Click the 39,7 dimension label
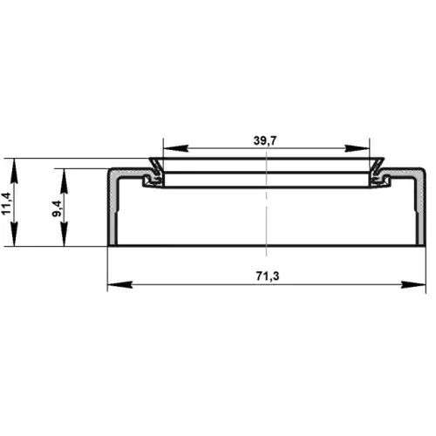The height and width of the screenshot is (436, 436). (x=265, y=140)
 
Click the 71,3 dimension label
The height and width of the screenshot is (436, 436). (x=268, y=276)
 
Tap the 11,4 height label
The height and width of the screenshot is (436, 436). (x=6, y=203)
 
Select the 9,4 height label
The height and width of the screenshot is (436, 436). (x=57, y=208)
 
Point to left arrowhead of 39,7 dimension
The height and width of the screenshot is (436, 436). (x=175, y=148)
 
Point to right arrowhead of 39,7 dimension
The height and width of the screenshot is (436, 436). (x=357, y=148)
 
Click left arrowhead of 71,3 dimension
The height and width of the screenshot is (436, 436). (x=119, y=284)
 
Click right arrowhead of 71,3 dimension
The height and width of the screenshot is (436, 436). (x=413, y=284)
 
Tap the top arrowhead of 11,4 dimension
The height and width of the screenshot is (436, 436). (x=14, y=171)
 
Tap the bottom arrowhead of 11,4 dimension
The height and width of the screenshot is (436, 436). (x=14, y=234)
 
